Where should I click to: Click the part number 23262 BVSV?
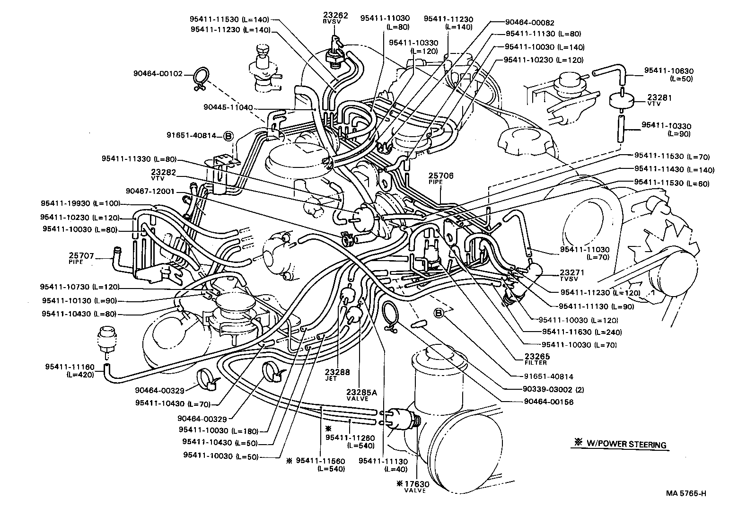point(335,18)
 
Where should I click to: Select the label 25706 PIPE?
point(441,178)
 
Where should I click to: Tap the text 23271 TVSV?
point(572,275)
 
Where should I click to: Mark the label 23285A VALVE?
point(361,394)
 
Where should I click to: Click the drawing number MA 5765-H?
point(686,493)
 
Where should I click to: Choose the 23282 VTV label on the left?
point(164,175)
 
